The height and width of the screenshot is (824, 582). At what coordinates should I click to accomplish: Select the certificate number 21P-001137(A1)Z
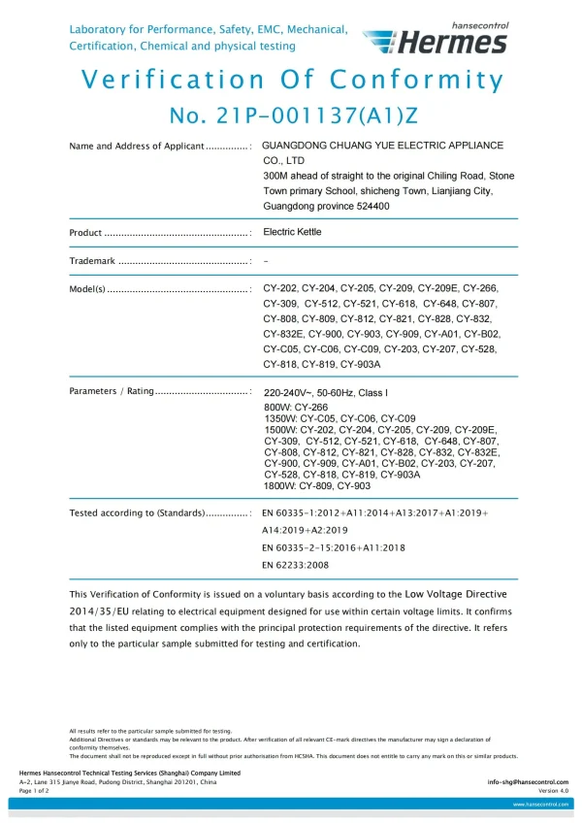point(293,115)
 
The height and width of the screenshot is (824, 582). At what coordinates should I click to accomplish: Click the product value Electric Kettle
point(292,233)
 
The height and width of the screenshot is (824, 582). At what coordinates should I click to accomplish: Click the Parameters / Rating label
point(112,391)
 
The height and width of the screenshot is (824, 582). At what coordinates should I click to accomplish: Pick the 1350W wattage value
point(282,417)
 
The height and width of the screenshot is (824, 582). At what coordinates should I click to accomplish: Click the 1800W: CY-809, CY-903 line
point(316,485)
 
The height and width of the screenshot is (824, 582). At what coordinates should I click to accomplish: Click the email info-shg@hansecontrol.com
point(528,781)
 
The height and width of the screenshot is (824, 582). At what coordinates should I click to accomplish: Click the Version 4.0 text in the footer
point(553,790)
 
